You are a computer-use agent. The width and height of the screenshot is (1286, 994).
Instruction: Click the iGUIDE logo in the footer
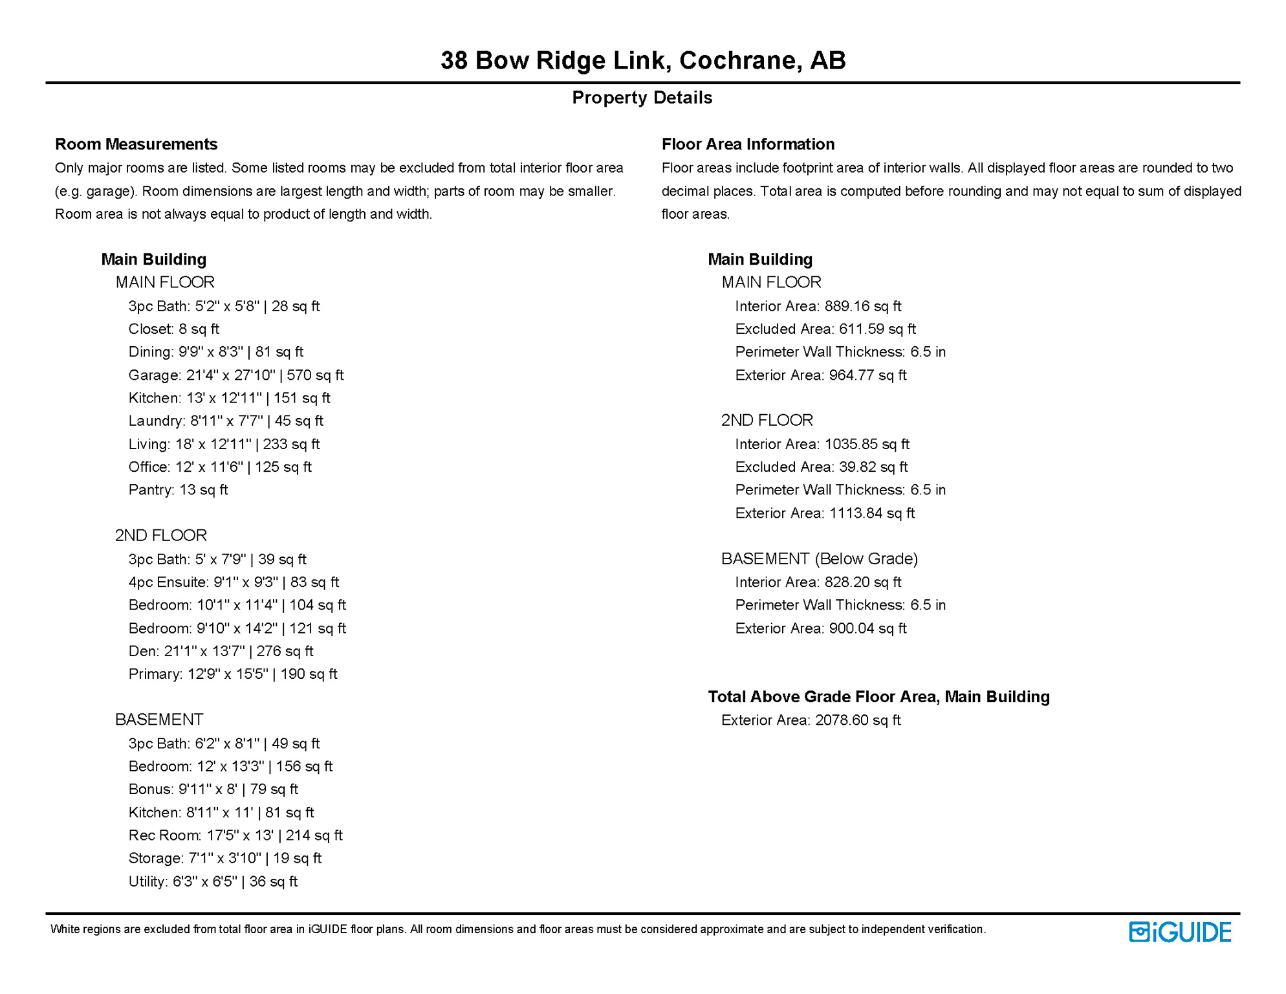pos(1180,932)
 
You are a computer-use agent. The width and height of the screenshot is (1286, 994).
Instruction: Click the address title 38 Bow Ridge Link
pos(642,60)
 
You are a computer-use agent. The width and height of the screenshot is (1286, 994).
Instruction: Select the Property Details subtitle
pos(642,98)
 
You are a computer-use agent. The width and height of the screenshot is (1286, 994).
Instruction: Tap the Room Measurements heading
pos(136,144)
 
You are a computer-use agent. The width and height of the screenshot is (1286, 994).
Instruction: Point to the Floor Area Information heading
pos(748,144)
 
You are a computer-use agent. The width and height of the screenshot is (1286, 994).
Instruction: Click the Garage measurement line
pos(235,375)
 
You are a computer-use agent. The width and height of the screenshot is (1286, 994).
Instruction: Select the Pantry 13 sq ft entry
pos(178,490)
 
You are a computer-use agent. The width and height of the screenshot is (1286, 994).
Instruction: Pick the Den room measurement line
pos(221,651)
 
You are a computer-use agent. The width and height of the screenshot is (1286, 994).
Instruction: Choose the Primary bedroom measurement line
pos(233,674)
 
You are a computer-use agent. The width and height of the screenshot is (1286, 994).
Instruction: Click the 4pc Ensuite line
pos(234,582)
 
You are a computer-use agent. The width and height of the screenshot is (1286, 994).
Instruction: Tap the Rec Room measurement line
pos(235,835)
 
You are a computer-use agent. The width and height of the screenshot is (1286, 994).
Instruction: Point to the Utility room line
pos(213,881)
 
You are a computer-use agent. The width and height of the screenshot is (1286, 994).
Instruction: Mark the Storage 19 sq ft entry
pos(224,858)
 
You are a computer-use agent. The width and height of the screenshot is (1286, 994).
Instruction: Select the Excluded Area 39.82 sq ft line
pos(821,467)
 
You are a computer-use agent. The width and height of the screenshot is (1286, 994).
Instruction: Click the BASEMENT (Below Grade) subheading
pos(820,559)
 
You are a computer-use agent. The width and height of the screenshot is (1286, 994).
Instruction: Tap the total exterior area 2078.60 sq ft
pos(857,720)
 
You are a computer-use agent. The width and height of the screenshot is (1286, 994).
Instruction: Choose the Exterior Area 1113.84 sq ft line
pos(825,513)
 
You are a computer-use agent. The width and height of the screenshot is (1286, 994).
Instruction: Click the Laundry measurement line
pos(226,421)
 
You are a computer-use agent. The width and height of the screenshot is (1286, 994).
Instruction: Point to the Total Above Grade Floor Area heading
pos(878,697)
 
